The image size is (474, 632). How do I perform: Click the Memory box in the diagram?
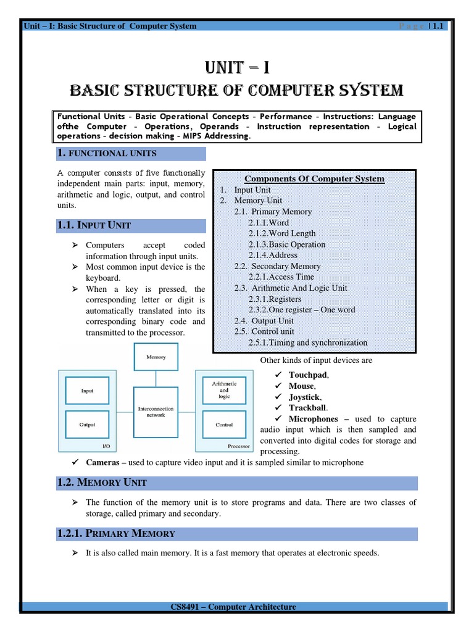tap(156, 357)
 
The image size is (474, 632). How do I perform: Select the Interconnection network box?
tap(156, 412)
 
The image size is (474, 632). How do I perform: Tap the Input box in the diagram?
tap(88, 391)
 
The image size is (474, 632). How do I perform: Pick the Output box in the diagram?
tap(88, 425)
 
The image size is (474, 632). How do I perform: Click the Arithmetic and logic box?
tap(224, 391)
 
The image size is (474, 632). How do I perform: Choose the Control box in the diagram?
tap(224, 425)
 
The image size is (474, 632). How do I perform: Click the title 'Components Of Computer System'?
tap(314, 179)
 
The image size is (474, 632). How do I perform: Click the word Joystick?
tap(304, 397)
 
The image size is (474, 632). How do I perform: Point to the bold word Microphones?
tap(314, 419)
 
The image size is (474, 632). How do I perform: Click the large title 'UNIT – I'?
tap(236, 67)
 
